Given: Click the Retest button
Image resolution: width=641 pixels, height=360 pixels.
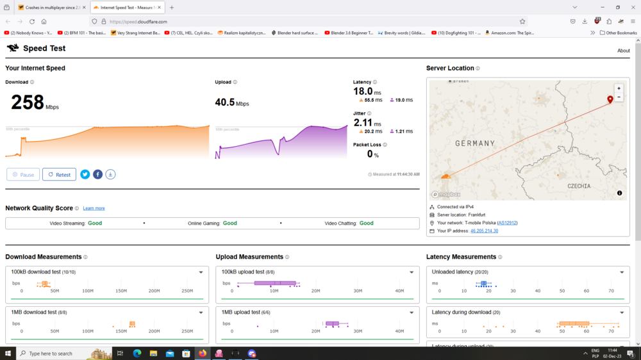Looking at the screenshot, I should (x=59, y=174).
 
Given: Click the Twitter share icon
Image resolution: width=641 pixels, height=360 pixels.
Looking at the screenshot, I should (x=85, y=174).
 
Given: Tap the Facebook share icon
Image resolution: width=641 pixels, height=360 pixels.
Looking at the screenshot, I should (x=97, y=174).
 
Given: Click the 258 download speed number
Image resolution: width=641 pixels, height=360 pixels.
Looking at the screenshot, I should (x=28, y=102).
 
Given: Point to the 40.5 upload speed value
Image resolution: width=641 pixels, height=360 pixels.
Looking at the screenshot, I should (x=225, y=102).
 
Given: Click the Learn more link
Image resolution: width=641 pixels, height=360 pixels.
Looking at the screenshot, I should (x=94, y=208).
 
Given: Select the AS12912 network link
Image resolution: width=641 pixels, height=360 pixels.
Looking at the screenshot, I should (x=507, y=223).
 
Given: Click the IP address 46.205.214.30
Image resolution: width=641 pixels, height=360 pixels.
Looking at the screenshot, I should (x=484, y=231).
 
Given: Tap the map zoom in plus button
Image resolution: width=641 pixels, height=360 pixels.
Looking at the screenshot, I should (x=619, y=88).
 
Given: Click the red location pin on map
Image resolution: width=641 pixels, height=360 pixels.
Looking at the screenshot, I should (x=610, y=99).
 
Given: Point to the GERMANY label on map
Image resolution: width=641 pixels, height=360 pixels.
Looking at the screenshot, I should (x=475, y=143).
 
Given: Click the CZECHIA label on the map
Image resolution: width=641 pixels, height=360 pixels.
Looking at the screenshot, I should (x=579, y=186).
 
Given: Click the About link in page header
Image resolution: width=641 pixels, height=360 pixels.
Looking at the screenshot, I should (x=623, y=51).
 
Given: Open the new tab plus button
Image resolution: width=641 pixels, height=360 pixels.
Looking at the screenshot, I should (x=172, y=8).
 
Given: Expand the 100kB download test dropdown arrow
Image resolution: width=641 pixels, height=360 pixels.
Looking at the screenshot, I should (x=201, y=272).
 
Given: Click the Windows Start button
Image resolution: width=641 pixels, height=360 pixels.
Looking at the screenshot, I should (x=7, y=353).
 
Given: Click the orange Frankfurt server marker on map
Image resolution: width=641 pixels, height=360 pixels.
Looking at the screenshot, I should (x=446, y=176).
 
